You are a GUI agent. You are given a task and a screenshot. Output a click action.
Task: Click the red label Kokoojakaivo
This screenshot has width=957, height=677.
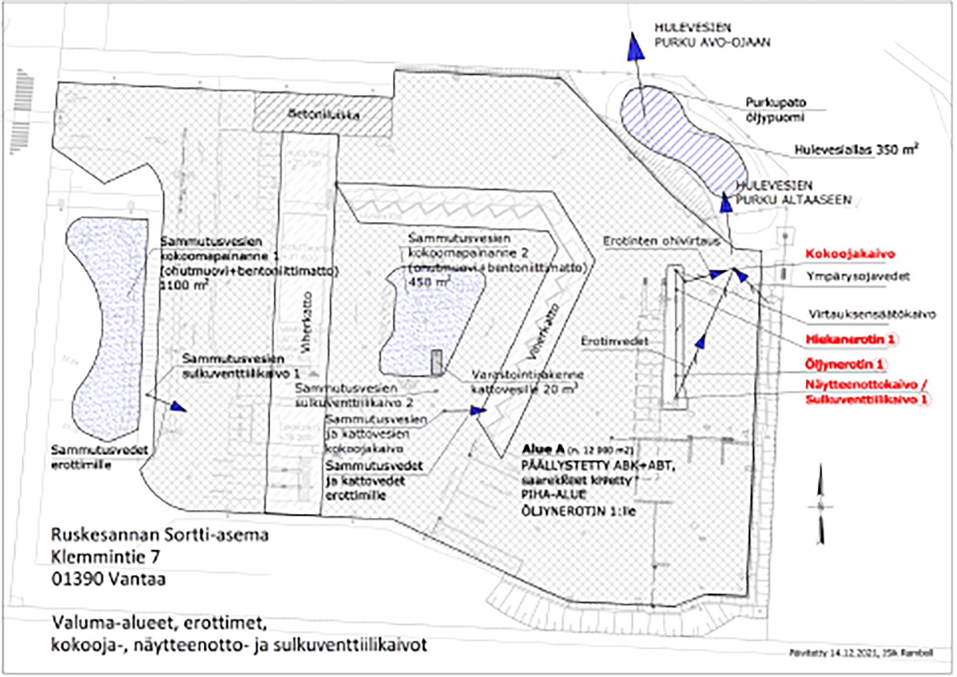point(850,254)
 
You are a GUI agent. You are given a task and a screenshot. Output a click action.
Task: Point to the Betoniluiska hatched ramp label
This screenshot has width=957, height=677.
point(323,114)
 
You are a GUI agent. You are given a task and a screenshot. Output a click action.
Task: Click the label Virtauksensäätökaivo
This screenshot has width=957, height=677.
point(872,315)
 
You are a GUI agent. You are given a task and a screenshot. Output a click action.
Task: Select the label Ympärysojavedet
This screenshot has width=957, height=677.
point(858,276)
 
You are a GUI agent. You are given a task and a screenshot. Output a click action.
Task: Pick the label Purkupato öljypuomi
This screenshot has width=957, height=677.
point(775,110)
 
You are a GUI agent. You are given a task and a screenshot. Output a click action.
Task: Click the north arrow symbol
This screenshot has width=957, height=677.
point(820,506)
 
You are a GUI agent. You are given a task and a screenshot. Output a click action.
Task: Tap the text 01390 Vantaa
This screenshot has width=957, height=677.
point(108,579)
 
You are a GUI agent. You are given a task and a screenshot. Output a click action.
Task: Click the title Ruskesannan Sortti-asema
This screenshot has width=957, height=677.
point(159,535)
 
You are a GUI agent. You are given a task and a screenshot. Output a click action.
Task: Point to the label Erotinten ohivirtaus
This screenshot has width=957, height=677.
point(661,242)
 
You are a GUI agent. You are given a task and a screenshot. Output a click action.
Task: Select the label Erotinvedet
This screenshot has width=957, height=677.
point(615,341)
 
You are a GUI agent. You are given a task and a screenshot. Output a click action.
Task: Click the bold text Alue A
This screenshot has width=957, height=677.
point(543,449)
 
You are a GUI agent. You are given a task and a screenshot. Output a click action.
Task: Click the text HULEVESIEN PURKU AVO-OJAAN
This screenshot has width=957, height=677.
point(712,35)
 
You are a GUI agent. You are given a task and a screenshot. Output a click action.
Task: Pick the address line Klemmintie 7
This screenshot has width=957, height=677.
point(105,557)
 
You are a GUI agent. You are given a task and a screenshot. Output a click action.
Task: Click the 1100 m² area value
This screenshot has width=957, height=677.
point(183,285)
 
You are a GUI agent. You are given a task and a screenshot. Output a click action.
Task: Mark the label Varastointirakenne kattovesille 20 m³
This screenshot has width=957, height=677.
point(527,382)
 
